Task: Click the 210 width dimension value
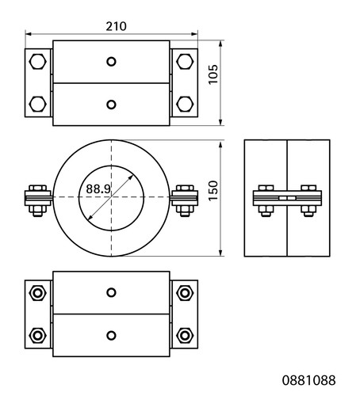pos(116,26)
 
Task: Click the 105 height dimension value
pos(213,74)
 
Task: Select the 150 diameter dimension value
pos(213,191)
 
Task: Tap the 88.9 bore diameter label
pos(98,188)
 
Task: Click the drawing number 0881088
pos(308,380)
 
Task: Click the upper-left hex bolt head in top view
pos(38,62)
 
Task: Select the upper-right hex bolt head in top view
pos(185,62)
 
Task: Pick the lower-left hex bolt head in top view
pos(38,104)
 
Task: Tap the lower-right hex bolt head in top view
pos(185,104)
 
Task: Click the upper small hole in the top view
pos(111,62)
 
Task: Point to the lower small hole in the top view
pos(111,105)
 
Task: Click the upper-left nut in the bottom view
pos(38,293)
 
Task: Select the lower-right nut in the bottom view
pos(185,335)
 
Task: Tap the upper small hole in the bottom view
pos(111,292)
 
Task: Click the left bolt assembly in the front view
pos(38,200)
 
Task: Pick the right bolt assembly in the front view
pos(185,200)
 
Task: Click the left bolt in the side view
pos(266,200)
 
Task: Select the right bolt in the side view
pos(308,200)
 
